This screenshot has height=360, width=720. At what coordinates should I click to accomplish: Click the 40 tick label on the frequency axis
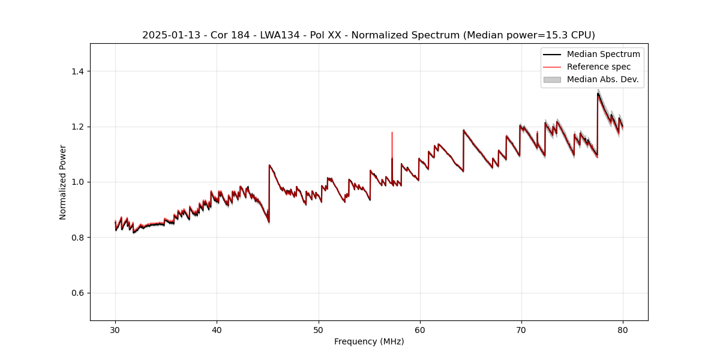tap(217, 330)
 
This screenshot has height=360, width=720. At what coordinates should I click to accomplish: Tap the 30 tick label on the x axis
tap(115, 330)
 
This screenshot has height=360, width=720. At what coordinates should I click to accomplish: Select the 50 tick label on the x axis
tap(318, 330)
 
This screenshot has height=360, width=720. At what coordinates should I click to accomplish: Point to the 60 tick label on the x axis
tap(419, 330)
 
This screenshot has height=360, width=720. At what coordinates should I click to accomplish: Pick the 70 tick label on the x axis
tap(521, 330)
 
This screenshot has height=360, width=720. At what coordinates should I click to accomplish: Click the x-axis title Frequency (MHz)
tap(369, 342)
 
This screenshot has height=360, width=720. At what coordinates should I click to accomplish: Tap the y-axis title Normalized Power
tap(63, 182)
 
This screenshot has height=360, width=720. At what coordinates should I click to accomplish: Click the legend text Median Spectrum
tap(603, 54)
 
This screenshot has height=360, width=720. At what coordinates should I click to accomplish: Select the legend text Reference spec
tap(599, 67)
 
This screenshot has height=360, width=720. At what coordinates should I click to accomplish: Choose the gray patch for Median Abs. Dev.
tap(552, 79)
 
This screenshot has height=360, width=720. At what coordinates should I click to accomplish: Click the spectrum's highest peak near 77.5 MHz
tap(598, 94)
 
